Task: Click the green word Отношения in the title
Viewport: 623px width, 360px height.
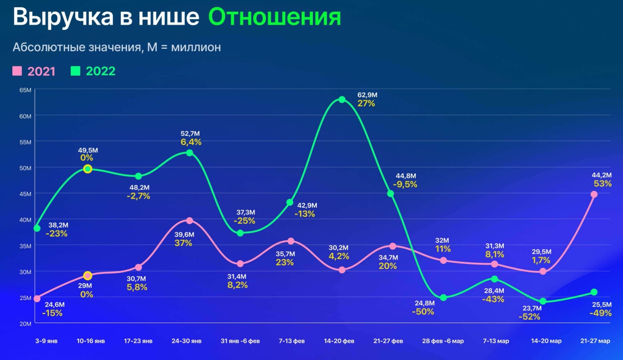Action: tap(275, 17)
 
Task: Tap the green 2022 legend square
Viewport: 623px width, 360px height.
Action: tap(76, 71)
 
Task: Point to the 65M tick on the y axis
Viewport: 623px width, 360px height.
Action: tap(25, 90)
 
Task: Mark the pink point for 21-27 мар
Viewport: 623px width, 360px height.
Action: tap(594, 194)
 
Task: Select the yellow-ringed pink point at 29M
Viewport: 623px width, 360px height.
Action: tap(88, 276)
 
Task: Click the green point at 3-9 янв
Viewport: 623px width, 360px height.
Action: tap(37, 229)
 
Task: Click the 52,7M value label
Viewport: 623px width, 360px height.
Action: tap(190, 133)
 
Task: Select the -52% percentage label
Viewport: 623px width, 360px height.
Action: tap(529, 317)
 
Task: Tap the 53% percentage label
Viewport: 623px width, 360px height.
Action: tap(603, 184)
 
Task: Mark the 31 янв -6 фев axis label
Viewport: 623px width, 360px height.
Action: tap(240, 341)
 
